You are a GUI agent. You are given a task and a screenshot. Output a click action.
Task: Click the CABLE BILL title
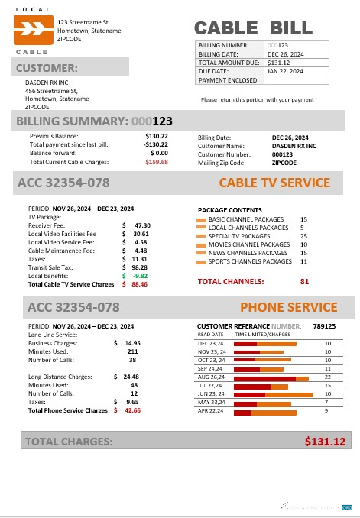click(253, 29)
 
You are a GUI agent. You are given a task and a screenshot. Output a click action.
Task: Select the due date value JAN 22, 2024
click(284, 71)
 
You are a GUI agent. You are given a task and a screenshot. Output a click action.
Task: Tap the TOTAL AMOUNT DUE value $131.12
click(278, 63)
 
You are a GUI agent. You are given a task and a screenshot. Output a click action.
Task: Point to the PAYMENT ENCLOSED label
click(227, 79)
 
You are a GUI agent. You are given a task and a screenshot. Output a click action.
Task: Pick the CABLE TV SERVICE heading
click(274, 183)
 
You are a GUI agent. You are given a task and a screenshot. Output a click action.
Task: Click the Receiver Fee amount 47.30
click(142, 225)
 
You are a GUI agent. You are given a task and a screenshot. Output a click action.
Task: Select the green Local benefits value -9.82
click(139, 276)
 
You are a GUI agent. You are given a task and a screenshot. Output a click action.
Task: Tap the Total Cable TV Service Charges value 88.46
click(139, 284)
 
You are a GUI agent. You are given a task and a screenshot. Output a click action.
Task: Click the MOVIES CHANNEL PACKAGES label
click(248, 244)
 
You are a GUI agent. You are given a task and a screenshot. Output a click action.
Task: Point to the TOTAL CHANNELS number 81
click(304, 281)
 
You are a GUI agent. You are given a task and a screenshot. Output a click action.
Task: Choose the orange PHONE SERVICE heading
click(288, 308)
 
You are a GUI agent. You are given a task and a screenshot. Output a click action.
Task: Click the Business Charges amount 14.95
click(132, 343)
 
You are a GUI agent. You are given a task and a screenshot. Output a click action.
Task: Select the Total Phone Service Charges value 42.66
click(132, 410)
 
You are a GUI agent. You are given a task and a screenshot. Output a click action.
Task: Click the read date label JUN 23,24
click(209, 394)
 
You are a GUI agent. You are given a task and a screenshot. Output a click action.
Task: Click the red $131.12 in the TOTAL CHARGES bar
click(325, 442)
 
